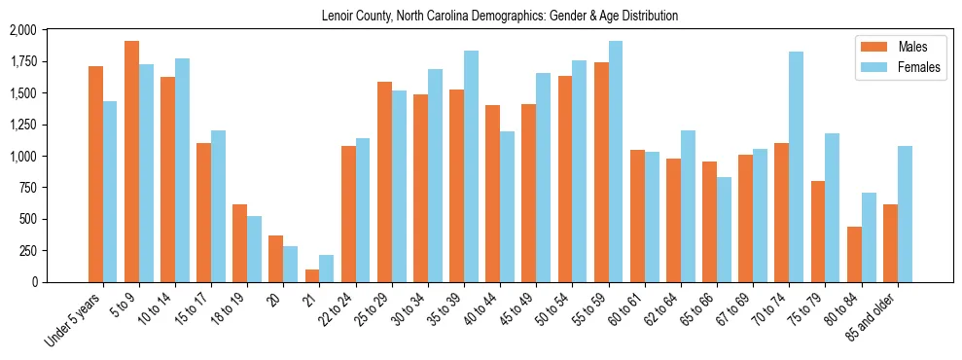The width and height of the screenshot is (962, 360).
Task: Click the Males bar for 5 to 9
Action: click(x=131, y=162)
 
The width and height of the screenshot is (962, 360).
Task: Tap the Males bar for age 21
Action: click(x=311, y=275)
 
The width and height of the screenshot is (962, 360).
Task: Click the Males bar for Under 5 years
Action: click(x=95, y=174)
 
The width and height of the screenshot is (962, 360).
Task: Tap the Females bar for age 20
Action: click(x=291, y=264)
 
